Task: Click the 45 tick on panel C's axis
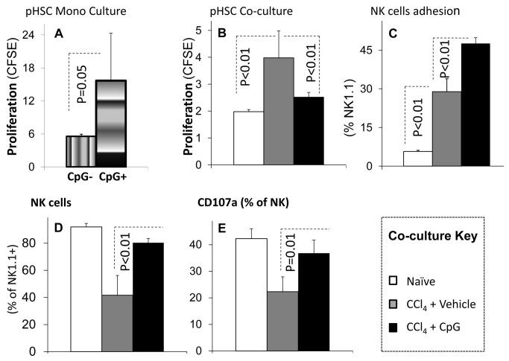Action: (385, 51)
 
